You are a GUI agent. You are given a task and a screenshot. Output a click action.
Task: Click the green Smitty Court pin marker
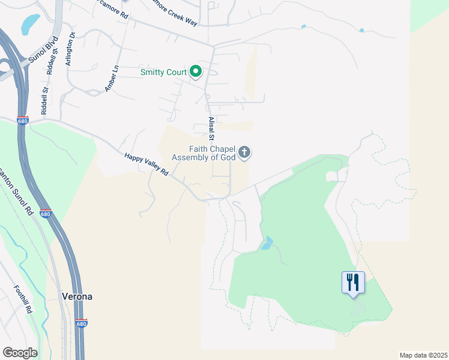point(196,72)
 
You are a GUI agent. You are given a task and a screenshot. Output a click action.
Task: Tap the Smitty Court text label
point(163,72)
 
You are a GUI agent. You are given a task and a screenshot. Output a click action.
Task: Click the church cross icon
point(244,153)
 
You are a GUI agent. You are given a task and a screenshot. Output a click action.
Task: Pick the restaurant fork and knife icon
point(353,282)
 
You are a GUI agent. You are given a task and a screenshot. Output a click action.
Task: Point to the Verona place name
point(77,296)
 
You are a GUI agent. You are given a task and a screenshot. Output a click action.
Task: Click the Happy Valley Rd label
point(146,164)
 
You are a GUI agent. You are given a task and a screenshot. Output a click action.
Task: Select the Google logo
point(20,353)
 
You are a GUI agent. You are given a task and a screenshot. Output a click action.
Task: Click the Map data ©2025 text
point(423,355)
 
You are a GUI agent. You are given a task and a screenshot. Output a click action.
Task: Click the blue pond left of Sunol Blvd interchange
point(30,23)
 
